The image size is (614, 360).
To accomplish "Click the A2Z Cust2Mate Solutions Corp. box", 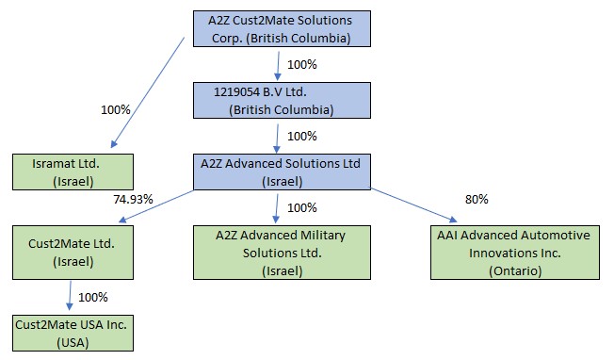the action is pos(282,29).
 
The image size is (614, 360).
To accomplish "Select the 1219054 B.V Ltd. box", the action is pos(282,100).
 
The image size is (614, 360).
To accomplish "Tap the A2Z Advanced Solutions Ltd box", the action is pos(282,172).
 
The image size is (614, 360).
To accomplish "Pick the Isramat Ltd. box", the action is pos(73,172).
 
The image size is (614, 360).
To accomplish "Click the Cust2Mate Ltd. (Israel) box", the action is pos(73,253).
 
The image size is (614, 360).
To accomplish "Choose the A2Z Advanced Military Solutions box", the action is pos(282,253).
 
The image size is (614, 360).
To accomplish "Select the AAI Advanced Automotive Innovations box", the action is pos(515,253).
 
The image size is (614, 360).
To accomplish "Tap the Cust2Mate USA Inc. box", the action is pos(73,333).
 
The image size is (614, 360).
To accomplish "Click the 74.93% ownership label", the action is pos(133,200).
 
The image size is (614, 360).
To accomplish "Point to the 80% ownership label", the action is pos(477,200).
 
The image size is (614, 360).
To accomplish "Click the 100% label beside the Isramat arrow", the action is pos(116,109).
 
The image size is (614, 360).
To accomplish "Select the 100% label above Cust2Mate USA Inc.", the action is pos(93,297).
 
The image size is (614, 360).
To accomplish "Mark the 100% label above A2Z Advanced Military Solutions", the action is pos(302,207).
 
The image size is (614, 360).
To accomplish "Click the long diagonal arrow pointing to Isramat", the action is pos(148,92).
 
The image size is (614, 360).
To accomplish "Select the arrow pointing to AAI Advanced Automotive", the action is pos(414,205).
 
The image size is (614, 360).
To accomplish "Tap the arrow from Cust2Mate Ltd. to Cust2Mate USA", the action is pos(70,296).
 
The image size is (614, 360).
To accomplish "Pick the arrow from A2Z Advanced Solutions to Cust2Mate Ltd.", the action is pos(155,206).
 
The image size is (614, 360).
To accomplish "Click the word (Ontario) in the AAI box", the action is pos(515,270).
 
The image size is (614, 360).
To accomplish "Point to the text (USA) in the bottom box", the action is pos(73,343).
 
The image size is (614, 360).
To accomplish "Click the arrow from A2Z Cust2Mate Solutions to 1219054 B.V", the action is pos(278,66).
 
